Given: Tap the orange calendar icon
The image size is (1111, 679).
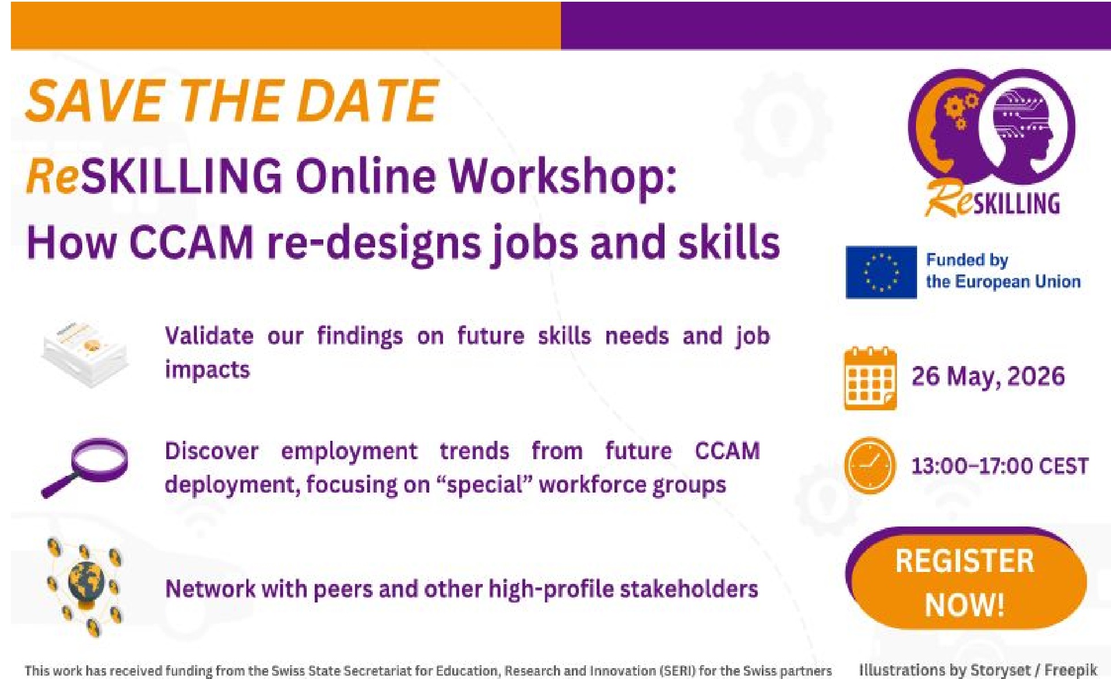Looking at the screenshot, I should (870, 378).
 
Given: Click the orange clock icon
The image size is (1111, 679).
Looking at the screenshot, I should (870, 465).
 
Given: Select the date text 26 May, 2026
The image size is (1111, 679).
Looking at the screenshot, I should (988, 376).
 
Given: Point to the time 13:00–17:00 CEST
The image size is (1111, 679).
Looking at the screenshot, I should (999, 466).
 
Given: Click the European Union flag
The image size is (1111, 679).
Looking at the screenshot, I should (881, 272).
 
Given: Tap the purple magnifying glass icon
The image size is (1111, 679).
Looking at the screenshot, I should (86, 466).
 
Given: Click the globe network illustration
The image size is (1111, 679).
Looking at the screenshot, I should (86, 587).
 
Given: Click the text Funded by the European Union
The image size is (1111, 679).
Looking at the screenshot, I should (1002, 271).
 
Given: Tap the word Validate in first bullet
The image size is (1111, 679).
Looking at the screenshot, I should (209, 335).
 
